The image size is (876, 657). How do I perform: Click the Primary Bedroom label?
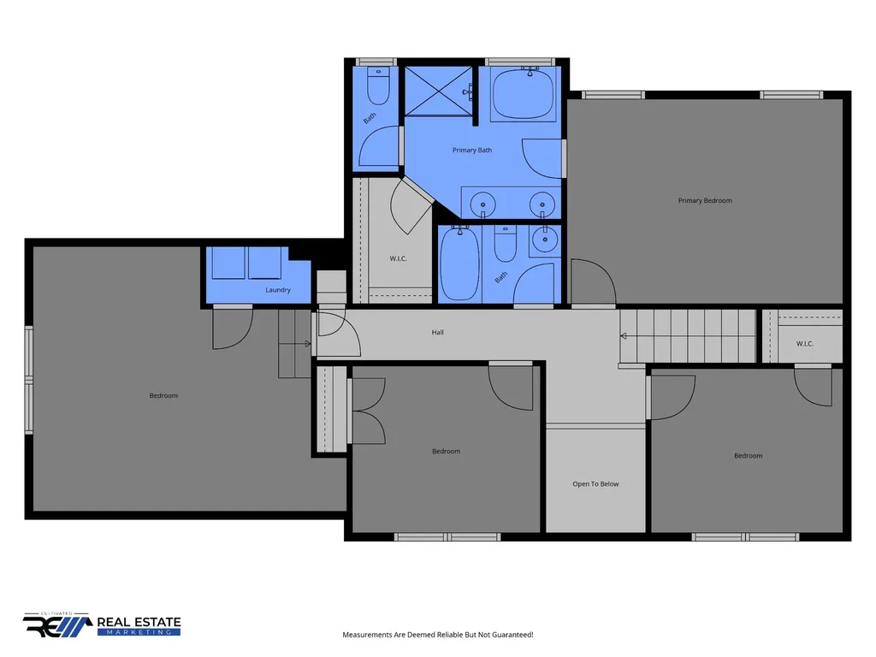pos(705,200)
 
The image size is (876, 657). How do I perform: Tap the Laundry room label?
pos(278,290)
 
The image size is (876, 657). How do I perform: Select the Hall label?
pos(437,333)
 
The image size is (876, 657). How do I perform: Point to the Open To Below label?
pos(595,484)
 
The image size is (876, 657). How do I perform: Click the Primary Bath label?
pos(472,150)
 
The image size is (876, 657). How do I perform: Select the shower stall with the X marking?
pos(439,91)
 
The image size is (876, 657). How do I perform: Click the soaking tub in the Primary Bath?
pos(523,94)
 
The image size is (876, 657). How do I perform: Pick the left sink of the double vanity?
pos(482,204)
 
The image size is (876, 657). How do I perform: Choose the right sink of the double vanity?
pos(542,204)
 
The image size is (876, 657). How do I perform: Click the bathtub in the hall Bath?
pos(459,263)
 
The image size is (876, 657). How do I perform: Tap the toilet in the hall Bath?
pos(506,244)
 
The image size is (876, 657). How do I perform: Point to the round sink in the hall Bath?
pos(545,240)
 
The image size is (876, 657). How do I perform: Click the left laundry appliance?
pos(228,263)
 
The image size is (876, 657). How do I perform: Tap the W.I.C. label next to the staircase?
pos(804,344)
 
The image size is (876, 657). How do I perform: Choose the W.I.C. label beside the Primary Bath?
pos(398,258)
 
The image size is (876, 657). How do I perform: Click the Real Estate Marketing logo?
pos(102,624)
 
